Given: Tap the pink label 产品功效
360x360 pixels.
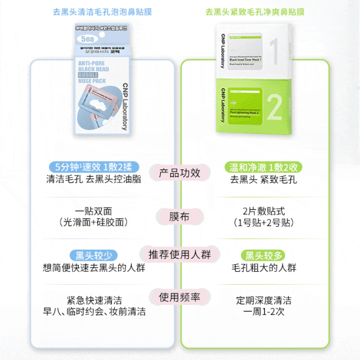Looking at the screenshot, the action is [x=179, y=173].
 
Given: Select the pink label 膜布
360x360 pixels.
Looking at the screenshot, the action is [x=179, y=217].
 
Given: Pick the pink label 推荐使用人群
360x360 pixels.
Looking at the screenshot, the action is [x=179, y=254].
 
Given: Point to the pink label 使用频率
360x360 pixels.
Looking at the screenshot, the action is [x=179, y=297].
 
